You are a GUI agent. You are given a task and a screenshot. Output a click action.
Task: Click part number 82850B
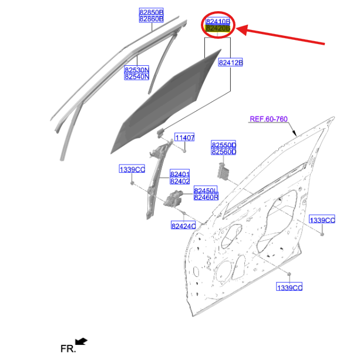(152, 12)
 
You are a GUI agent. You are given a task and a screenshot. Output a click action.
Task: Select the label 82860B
(152, 19)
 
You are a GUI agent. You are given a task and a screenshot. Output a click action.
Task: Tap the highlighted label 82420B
(218, 28)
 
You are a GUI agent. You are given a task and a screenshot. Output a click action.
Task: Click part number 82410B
(218, 21)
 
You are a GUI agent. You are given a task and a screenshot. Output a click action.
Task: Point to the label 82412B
(231, 62)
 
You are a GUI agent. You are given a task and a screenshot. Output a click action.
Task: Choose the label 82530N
(137, 69)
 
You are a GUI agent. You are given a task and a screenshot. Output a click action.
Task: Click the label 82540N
(137, 76)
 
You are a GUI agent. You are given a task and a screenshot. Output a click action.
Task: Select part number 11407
(184, 138)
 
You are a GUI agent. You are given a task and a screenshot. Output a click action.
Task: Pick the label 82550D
(224, 145)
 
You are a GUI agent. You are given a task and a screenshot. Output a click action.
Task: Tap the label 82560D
(224, 152)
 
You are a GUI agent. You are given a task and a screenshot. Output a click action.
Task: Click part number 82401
(180, 174)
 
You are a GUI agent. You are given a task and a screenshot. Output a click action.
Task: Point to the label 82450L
(206, 190)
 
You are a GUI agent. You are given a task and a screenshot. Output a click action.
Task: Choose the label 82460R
(206, 197)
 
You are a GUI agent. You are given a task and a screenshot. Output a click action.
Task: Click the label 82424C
(184, 225)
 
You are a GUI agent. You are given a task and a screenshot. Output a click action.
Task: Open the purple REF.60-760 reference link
(268, 119)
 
